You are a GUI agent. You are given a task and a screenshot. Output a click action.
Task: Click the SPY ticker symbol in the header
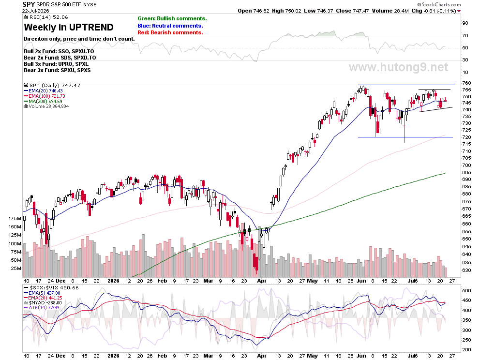click(x=29, y=4)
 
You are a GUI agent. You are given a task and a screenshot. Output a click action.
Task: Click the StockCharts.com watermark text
click(x=439, y=4)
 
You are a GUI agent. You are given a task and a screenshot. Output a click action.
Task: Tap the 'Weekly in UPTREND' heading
click(x=69, y=27)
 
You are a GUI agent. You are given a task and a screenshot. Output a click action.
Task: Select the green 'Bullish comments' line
click(x=172, y=19)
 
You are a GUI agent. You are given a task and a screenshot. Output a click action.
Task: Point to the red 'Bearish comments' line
click(x=170, y=33)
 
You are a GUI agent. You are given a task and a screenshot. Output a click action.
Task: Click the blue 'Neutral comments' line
click(x=170, y=26)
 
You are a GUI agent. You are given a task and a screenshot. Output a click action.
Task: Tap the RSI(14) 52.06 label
click(x=46, y=17)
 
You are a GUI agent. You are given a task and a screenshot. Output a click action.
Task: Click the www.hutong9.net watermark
click(x=399, y=67)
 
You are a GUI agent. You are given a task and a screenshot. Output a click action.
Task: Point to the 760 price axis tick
click(x=466, y=83)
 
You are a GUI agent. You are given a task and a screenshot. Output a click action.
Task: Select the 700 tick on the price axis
click(x=466, y=165)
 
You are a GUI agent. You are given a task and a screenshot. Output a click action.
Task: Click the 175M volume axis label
click(x=15, y=219)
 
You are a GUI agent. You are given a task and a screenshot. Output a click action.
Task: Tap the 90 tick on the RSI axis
click(x=465, y=23)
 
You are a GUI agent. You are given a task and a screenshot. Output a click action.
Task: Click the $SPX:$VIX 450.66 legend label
click(x=51, y=288)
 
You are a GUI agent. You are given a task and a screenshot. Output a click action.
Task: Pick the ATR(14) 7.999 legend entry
click(x=42, y=307)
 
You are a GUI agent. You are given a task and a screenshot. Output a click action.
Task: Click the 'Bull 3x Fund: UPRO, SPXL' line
click(x=56, y=64)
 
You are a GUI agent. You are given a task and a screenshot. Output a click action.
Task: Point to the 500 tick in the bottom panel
click(x=467, y=291)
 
